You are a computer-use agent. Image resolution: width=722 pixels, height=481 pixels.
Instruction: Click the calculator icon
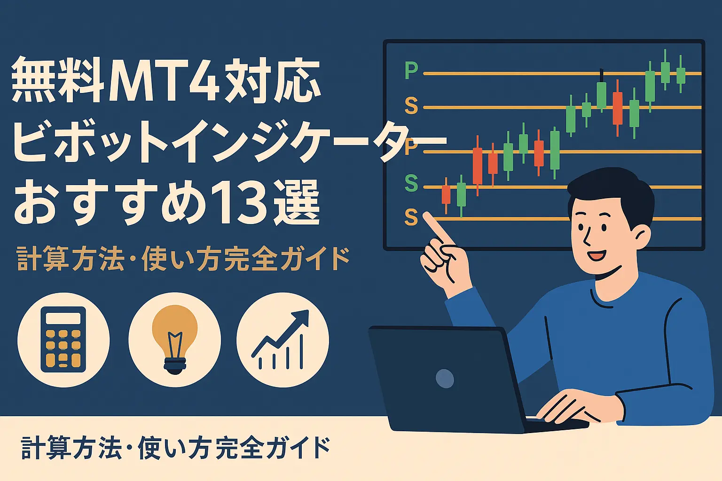pyautogui.click(x=63, y=340)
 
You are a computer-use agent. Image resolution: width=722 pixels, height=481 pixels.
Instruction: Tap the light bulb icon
pyautogui.click(x=175, y=339)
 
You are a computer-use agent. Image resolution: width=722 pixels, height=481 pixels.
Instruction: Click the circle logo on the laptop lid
pyautogui.click(x=445, y=379)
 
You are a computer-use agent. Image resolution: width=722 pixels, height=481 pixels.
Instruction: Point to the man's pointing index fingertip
pyautogui.click(x=426, y=215)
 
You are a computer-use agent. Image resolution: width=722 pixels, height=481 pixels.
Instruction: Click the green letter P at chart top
pyautogui.click(x=411, y=70)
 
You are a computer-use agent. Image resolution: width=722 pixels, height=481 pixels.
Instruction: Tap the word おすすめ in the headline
pyautogui.click(x=110, y=202)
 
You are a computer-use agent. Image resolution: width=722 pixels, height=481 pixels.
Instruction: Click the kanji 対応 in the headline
pyautogui.click(x=271, y=80)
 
